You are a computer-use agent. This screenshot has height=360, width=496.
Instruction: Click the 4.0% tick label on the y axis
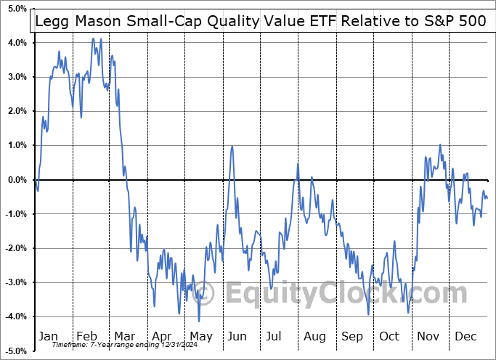(17, 43)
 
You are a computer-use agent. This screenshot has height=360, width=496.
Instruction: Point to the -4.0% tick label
(15, 316)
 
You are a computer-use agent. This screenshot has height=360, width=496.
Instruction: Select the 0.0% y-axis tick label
(17, 180)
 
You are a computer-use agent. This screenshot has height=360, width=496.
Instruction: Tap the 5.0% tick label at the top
(17, 9)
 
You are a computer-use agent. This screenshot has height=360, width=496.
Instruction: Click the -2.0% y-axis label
(15, 248)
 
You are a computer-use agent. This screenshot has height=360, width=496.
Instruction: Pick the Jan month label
(48, 336)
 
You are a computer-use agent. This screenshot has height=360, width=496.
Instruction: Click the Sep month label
(352, 336)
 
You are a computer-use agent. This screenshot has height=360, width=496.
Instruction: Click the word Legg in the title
(52, 22)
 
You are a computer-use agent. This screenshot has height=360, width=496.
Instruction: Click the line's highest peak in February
(93, 38)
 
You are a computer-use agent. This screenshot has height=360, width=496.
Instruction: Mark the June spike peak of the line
(232, 147)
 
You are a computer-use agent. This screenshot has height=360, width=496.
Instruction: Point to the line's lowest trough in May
(199, 322)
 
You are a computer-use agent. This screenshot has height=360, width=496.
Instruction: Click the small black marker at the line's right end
(489, 179)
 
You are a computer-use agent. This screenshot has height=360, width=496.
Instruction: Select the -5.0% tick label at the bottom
(15, 351)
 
